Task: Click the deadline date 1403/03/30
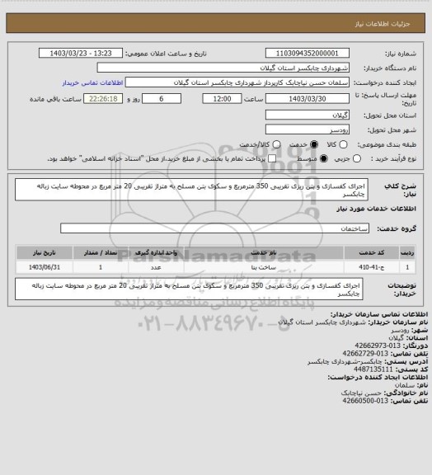click(303, 98)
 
